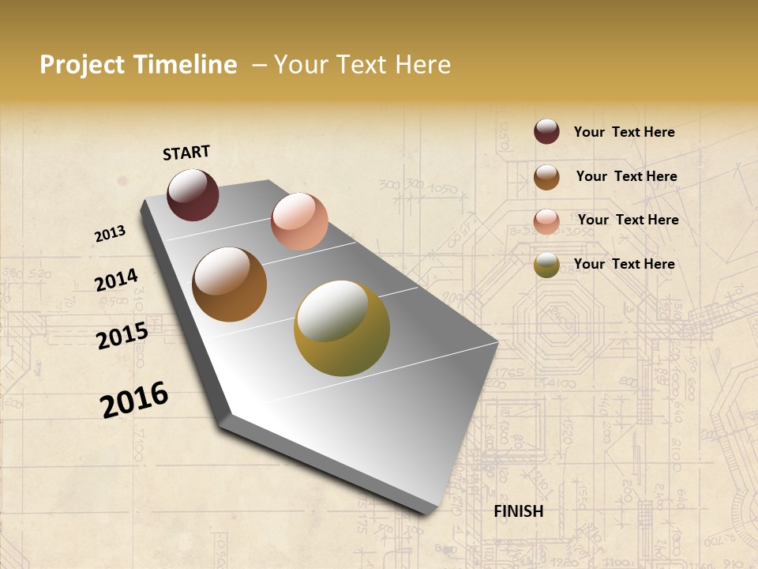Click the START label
pos(186,153)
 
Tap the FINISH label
pos(518,511)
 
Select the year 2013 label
pos(110,234)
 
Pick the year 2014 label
pos(116,281)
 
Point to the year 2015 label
pos(122,336)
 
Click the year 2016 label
pos(134,400)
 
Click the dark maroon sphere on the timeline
pos(193,194)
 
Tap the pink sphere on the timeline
pos(299,220)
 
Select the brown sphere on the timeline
pos(229,284)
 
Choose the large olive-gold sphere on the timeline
pos(342,328)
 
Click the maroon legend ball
pos(546,131)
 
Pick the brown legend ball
pos(546,177)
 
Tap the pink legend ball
pos(546,221)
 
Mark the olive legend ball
pos(546,266)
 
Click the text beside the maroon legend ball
pos(624,132)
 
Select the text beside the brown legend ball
pos(626,176)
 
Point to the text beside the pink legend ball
pos(628,220)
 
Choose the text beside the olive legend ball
pos(624,264)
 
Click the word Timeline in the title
pos(186,65)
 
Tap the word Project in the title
pos(82,65)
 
